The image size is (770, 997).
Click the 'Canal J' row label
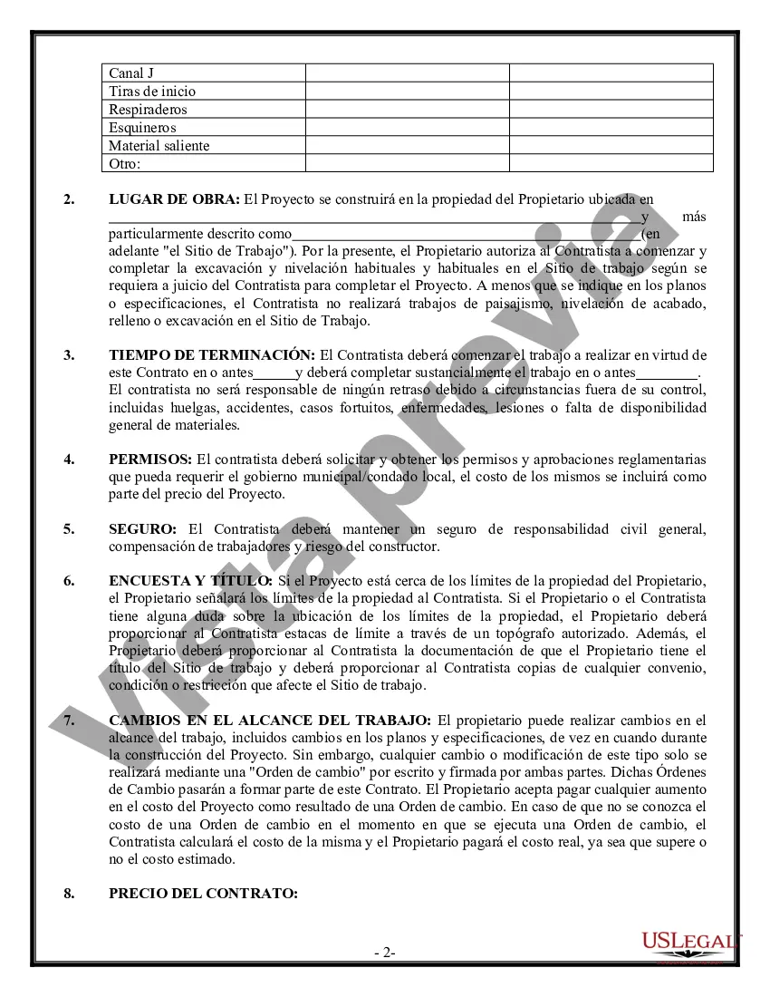click(x=130, y=73)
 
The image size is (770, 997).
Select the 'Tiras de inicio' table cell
click(x=152, y=91)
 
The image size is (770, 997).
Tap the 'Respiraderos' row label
click(x=148, y=109)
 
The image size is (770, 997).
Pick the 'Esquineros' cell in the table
click(x=142, y=127)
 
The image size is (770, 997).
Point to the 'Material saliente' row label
click(x=159, y=145)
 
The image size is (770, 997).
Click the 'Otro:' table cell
click(x=125, y=163)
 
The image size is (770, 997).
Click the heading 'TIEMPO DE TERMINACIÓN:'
click(x=212, y=354)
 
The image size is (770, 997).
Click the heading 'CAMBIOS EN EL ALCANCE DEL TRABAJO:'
click(x=270, y=721)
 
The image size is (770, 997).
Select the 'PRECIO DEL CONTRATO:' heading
click(x=203, y=893)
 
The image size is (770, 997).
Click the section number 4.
click(x=69, y=460)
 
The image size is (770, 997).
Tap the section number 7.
click(x=69, y=721)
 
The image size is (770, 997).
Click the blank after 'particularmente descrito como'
click(x=466, y=234)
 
